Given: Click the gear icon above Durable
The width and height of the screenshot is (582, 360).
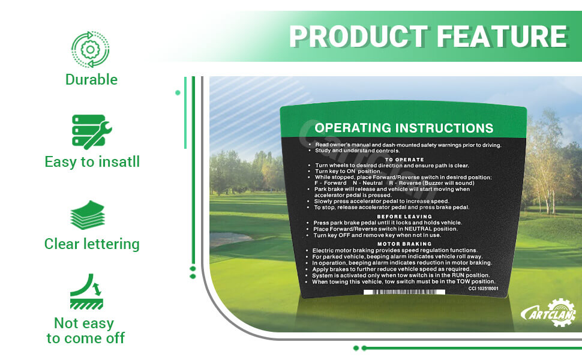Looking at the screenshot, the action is point(90,49).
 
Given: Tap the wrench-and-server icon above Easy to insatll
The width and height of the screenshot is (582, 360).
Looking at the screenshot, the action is point(92,132).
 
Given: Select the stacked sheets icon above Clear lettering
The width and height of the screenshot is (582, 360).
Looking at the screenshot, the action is point(88,215).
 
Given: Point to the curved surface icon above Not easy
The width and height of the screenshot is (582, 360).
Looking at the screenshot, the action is point(86,292).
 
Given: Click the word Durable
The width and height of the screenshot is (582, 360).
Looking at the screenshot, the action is point(91,79).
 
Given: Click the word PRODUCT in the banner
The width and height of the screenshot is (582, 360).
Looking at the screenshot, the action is point(359,37).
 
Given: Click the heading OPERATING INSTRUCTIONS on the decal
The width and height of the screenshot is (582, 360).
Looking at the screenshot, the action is point(404,128).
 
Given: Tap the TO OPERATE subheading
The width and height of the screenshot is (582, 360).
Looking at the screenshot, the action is point(404,160).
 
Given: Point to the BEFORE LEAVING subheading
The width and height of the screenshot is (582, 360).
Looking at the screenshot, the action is point(404,217).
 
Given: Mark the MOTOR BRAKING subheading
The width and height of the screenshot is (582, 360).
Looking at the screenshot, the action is point(404,244).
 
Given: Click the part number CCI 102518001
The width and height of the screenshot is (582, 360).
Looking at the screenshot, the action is point(483,289).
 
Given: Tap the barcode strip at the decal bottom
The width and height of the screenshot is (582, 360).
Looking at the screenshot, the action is point(404,292).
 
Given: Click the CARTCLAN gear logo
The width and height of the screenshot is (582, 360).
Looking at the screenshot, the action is point(548,313).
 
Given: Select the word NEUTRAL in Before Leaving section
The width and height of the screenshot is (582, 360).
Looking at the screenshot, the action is point(418,229).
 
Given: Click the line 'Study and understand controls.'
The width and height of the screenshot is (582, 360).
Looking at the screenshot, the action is point(358,151).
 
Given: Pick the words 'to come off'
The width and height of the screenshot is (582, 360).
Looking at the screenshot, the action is point(86,338).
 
